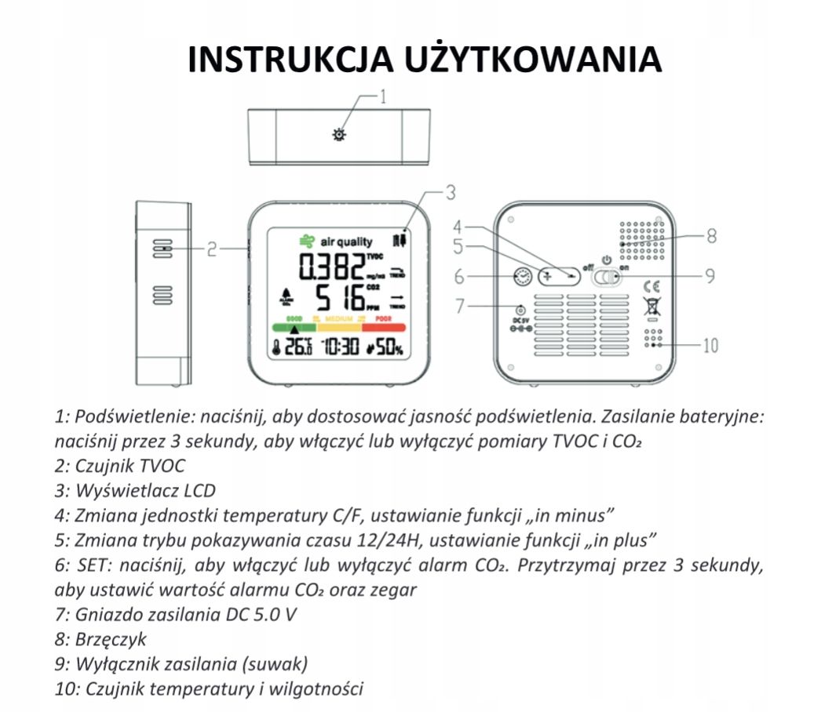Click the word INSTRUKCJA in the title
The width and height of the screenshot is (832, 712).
pyautogui.click(x=290, y=60)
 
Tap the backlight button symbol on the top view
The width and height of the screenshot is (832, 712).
pyautogui.click(x=339, y=134)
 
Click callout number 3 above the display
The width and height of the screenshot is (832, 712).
pyautogui.click(x=451, y=191)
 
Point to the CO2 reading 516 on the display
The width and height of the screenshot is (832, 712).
pyautogui.click(x=341, y=298)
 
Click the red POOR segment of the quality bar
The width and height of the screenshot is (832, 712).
pyautogui.click(x=383, y=327)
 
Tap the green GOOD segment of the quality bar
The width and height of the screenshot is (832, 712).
pyautogui.click(x=294, y=327)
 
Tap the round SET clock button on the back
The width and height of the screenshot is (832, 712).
pyautogui.click(x=520, y=276)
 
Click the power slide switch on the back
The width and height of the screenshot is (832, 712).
pyautogui.click(x=609, y=278)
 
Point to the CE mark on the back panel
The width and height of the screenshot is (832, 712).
pyautogui.click(x=651, y=286)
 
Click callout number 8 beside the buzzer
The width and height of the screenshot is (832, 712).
pyautogui.click(x=710, y=234)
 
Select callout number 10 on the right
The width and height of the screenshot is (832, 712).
pyautogui.click(x=710, y=345)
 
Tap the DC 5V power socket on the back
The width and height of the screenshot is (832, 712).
pyautogui.click(x=520, y=311)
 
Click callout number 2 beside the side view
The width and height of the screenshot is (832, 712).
pyautogui.click(x=212, y=249)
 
